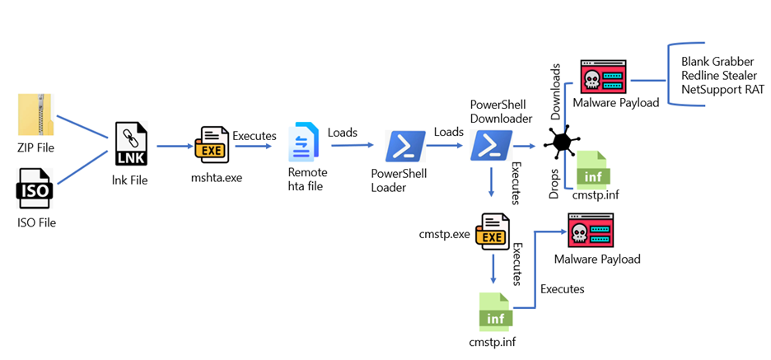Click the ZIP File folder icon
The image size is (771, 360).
coord(36,115)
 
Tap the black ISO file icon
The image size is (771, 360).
coord(35,189)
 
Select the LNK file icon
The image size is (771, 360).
coord(131,145)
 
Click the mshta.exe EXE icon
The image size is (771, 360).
coord(212,145)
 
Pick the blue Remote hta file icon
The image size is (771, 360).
coord(301,143)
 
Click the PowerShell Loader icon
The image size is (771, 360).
coord(405,146)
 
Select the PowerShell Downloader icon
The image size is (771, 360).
coord(491,146)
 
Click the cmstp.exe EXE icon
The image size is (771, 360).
coord(493,232)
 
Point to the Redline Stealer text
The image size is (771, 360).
coord(719,76)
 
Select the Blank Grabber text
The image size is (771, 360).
coord(717,62)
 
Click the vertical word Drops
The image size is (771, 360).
coord(554,184)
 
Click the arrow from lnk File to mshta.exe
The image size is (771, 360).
coord(174,146)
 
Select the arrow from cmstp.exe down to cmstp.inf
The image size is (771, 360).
coord(493,269)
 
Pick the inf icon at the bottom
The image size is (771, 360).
coord(496,311)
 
